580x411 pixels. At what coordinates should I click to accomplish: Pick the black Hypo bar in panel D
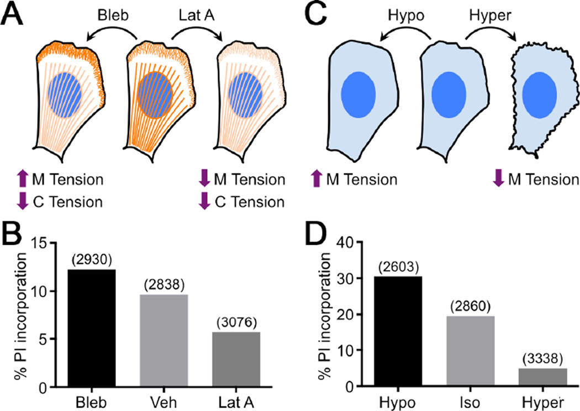click(400, 331)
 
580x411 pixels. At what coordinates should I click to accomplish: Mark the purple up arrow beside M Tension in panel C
click(317, 180)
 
